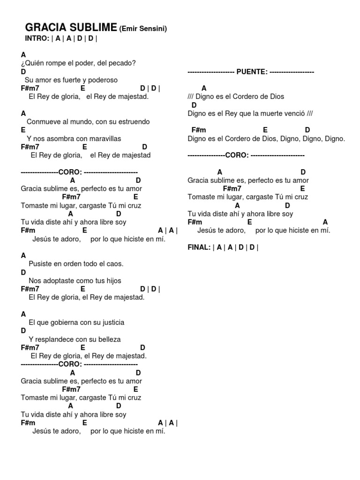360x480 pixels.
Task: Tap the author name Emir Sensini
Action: [x=143, y=29]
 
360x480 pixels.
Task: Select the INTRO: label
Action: [x=37, y=38]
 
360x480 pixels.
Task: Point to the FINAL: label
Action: [x=199, y=247]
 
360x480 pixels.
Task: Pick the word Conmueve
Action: [x=42, y=121]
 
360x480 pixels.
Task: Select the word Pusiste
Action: [x=40, y=264]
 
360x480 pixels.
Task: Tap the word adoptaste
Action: [x=64, y=281]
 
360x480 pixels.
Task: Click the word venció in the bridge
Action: [x=295, y=113]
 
